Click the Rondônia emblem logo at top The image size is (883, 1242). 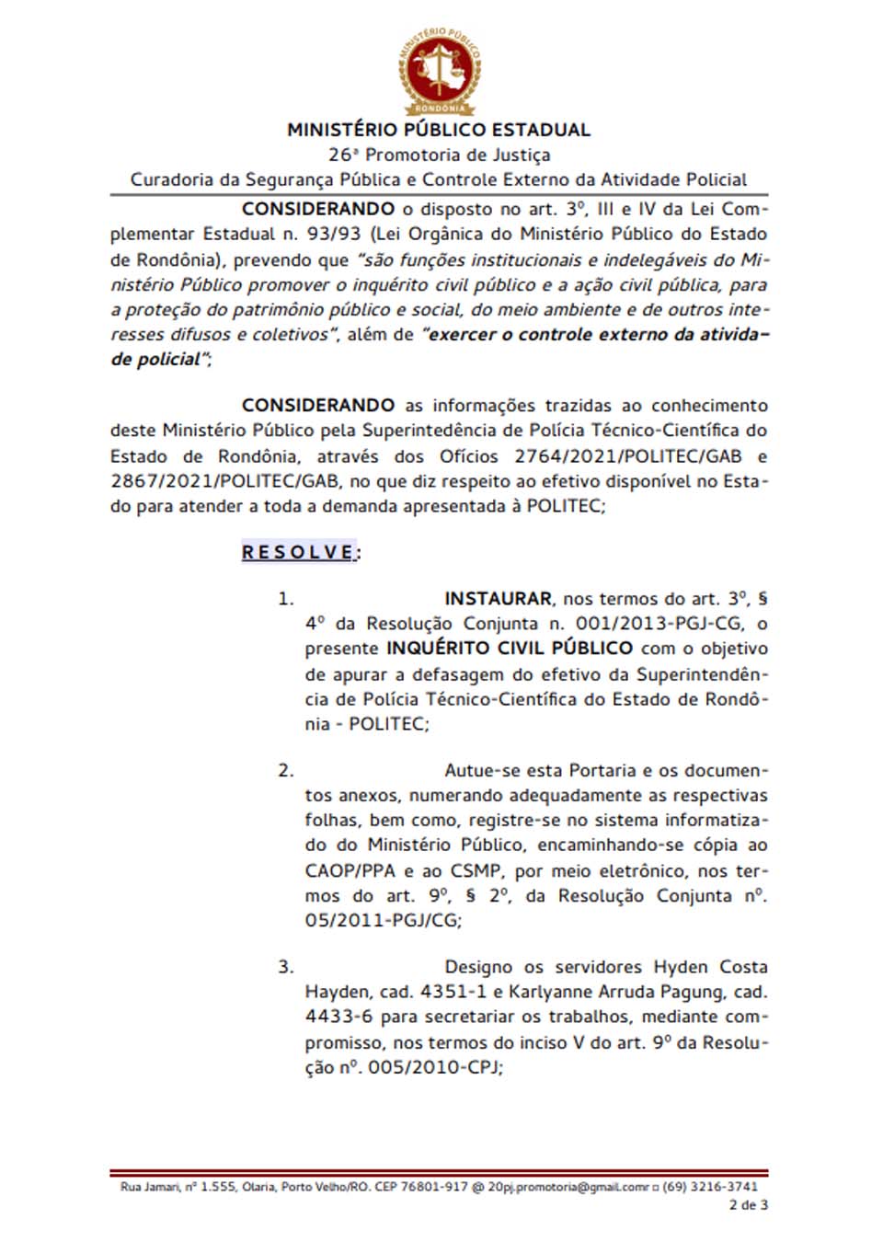(x=440, y=71)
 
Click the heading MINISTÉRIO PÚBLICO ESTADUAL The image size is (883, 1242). (x=439, y=130)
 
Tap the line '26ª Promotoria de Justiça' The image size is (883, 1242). (x=439, y=155)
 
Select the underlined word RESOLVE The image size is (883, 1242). (x=299, y=552)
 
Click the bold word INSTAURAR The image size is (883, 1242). (x=498, y=599)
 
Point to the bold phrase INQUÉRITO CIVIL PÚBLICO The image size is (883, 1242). (x=510, y=648)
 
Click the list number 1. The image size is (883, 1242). (x=286, y=599)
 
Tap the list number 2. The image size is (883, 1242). (x=286, y=771)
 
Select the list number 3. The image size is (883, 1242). (x=286, y=967)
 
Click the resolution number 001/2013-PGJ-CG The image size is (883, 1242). (x=659, y=624)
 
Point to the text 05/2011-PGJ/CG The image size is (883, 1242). (x=382, y=920)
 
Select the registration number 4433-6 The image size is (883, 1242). (x=338, y=1017)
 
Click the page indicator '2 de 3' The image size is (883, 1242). (x=748, y=1204)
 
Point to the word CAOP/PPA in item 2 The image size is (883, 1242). (x=350, y=870)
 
